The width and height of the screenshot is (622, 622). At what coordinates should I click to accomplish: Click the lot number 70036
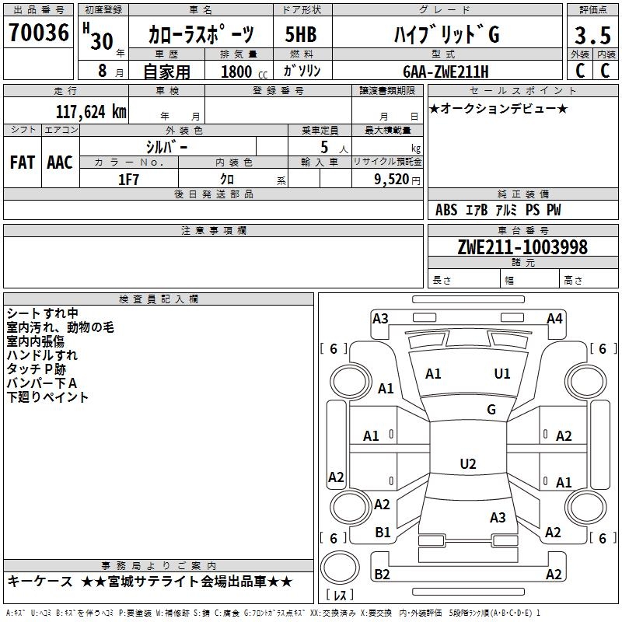38,34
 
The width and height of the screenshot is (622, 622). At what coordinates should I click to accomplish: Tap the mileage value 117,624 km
90,111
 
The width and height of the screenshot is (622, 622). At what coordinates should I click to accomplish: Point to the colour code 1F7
128,179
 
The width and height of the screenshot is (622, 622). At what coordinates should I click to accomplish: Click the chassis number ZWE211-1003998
522,247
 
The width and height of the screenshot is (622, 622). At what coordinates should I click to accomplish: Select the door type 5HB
300,36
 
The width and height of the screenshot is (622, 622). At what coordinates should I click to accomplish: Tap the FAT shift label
22,162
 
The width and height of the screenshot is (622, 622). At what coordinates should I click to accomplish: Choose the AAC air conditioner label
59,162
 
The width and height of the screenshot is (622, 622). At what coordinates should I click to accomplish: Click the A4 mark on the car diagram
554,319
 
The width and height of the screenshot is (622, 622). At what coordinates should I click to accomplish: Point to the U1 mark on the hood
502,374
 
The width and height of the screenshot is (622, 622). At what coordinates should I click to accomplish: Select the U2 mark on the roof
467,464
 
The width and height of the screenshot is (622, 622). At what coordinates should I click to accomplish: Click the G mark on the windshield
491,410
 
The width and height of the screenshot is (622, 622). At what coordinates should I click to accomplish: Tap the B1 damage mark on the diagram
383,533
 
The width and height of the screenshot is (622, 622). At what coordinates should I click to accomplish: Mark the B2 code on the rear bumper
382,574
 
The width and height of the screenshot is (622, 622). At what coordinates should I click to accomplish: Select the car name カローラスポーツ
201,36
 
